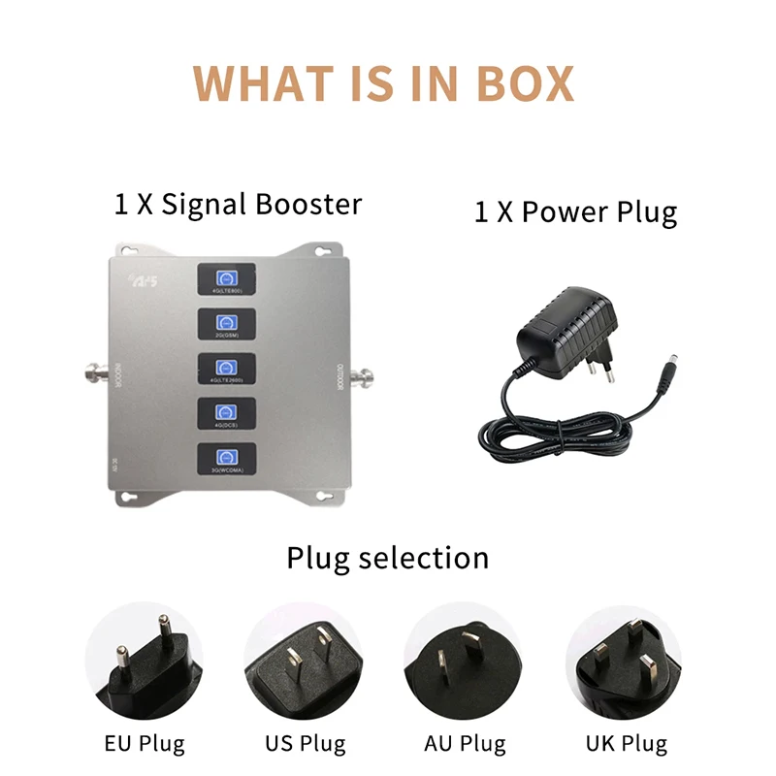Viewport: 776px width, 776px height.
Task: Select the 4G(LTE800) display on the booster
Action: (226, 278)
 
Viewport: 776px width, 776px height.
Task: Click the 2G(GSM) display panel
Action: (226, 324)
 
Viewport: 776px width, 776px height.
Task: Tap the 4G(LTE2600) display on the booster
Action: (226, 370)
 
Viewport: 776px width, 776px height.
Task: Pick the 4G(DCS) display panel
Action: (226, 414)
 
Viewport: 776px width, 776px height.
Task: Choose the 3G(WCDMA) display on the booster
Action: (226, 459)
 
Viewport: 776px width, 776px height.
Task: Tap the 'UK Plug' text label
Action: (626, 744)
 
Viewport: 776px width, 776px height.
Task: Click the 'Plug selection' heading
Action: (387, 559)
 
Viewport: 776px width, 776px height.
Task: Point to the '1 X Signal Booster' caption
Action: (238, 205)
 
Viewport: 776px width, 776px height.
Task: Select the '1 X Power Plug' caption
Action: (575, 212)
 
